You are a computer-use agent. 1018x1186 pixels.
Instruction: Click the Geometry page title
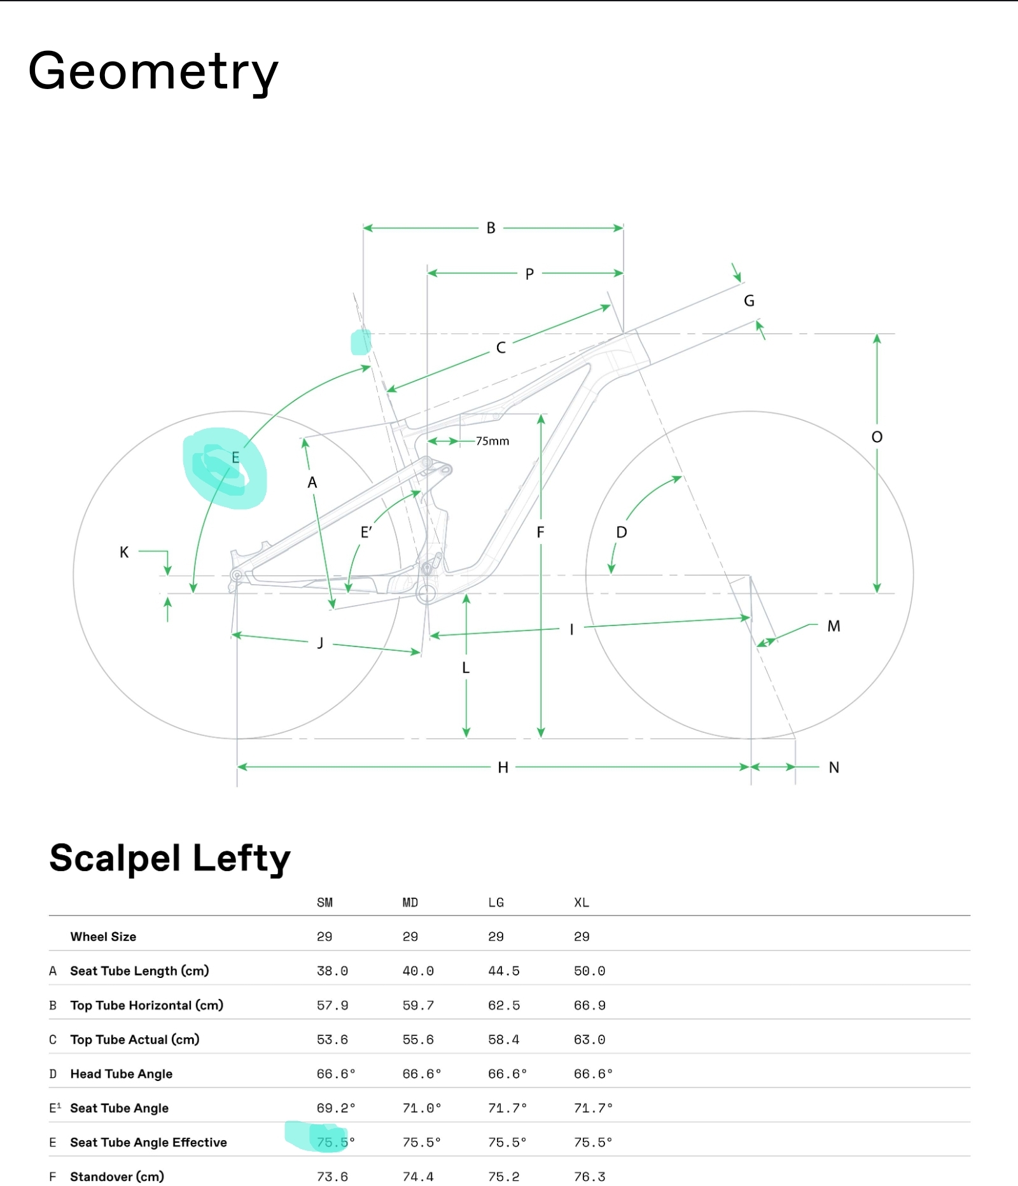coord(153,71)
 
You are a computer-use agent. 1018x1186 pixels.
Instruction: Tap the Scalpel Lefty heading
coord(170,858)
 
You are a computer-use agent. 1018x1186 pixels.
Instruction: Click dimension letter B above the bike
coord(491,228)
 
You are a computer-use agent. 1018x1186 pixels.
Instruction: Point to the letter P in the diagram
coord(529,274)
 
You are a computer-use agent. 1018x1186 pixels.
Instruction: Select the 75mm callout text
coord(492,441)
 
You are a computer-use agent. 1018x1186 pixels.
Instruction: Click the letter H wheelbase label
coord(503,767)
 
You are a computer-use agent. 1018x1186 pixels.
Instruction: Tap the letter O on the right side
coord(877,437)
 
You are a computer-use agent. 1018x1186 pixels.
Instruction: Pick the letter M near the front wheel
coord(833,626)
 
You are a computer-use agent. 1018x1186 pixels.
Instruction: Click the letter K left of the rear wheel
coord(124,552)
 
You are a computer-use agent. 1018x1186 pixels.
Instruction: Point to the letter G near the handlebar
coord(749,301)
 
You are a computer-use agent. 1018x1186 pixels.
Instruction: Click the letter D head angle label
coord(622,532)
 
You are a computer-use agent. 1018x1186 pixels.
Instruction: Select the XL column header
coord(582,902)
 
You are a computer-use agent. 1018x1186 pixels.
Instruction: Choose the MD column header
coord(410,902)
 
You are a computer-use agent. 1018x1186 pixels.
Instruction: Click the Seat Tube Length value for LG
coord(503,971)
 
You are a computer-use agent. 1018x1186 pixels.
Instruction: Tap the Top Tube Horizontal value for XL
coord(589,1005)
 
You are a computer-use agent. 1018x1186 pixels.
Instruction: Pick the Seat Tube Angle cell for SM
coord(335,1108)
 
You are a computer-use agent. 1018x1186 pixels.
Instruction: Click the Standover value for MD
coord(418,1176)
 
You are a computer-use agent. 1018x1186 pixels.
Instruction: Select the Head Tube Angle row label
coord(121,1074)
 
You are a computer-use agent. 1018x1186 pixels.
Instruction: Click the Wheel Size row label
coord(103,937)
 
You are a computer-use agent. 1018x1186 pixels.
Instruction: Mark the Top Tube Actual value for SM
coord(332,1040)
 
